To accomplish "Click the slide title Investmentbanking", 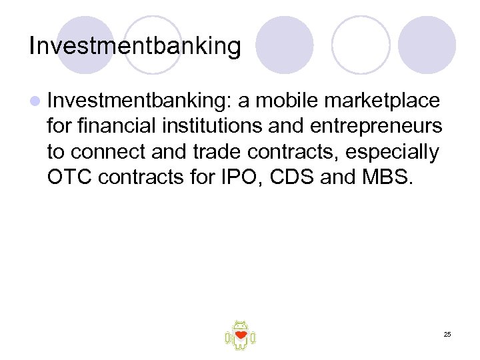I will pyautogui.click(x=135, y=46).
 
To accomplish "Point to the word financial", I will pyautogui.click(x=111, y=127).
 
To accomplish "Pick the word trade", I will pyautogui.click(x=207, y=152).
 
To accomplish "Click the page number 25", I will pyautogui.click(x=446, y=334).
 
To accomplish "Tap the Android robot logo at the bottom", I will pyautogui.click(x=240, y=335).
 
